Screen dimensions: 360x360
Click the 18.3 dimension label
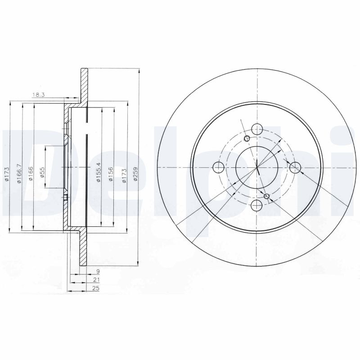coord(38,94)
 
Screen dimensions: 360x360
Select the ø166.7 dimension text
coord(19,173)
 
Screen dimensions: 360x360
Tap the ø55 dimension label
coord(42,172)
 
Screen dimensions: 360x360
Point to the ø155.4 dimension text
coord(99,172)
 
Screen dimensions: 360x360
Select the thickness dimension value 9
coord(98,271)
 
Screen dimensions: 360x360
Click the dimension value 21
coord(97,279)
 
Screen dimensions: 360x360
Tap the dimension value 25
coord(96,288)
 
